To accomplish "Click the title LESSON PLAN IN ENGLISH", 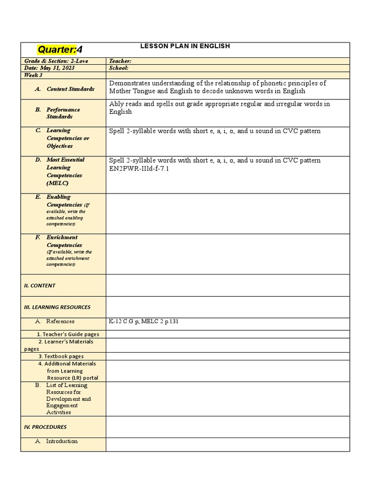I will pos(185,46).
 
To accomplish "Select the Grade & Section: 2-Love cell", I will pos(54,61).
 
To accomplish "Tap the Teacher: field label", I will pos(120,61).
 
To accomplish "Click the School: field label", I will pos(119,68).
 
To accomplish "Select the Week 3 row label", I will pos(33,75).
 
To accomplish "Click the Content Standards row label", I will pos(70,89).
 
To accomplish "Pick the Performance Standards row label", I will pos(63,113).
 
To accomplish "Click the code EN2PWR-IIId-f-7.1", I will pos(139,169).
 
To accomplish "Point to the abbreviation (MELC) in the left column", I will pos(57,183).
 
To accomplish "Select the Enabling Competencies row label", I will pos(65,201).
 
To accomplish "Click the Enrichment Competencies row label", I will pos(64,241).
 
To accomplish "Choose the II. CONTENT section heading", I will pos(40,286).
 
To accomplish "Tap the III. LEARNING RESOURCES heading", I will pos(57,307).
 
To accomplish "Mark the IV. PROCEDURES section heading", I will pos(45,427).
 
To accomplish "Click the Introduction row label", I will pos(61,441).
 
